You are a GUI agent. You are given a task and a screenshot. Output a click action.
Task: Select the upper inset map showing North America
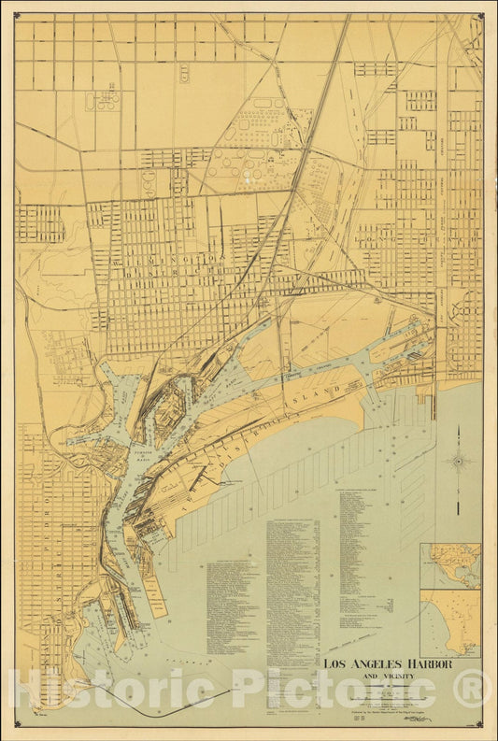click(449, 565)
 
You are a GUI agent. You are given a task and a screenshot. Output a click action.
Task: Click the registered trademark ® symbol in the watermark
click(472, 689)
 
